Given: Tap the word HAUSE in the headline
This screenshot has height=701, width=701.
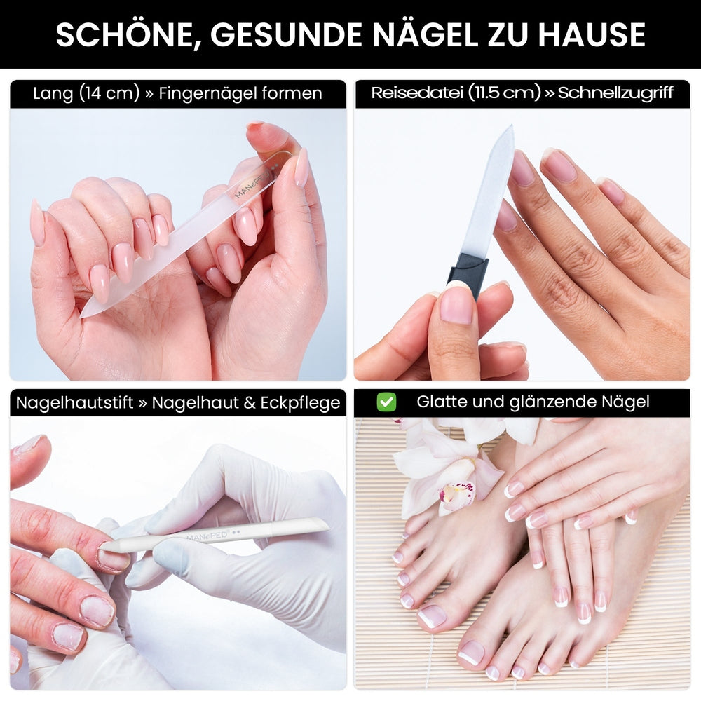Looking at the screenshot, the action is tap(592, 35).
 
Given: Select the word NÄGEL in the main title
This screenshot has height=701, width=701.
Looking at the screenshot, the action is tap(426, 34).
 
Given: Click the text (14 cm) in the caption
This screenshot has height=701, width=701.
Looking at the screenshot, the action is tap(109, 93).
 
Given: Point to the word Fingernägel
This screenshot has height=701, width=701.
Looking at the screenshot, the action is tap(207, 93).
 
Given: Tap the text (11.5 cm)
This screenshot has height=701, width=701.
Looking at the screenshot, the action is tap(504, 93).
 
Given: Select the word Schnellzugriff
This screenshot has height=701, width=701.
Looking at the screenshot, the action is tap(615, 93).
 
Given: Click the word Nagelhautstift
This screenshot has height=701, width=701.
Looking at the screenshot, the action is tap(75, 403).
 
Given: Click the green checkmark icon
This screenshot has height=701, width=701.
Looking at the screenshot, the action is tap(386, 402).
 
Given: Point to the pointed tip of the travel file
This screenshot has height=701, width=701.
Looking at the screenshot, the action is tap(510, 127).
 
